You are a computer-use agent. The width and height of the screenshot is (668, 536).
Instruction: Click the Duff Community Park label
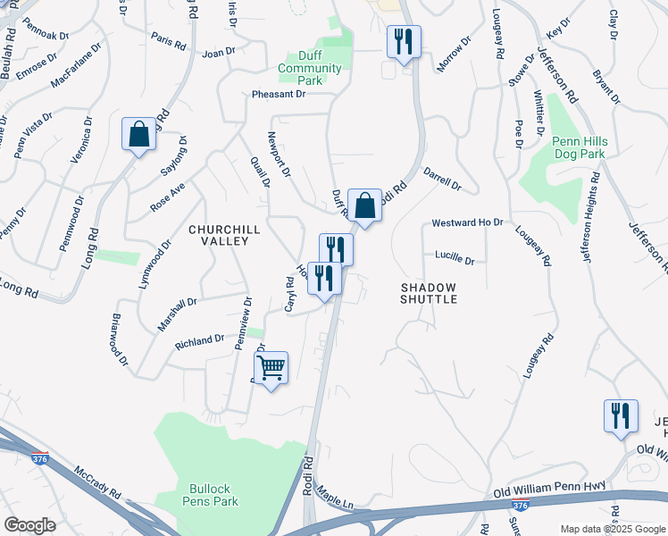310,69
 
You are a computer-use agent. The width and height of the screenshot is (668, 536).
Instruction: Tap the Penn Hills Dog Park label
578,147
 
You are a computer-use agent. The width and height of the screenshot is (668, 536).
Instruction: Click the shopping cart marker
271,368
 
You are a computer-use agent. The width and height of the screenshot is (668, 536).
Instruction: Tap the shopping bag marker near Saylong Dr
139,135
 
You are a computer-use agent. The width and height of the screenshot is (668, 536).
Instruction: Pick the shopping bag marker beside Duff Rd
364,206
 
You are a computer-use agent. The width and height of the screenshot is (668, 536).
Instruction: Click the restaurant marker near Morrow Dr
404,42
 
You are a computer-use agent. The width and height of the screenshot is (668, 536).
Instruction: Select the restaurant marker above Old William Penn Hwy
621,416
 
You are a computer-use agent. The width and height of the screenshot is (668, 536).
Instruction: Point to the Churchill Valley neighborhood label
224,236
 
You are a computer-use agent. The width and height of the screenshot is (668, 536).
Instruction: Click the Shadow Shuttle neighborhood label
429,293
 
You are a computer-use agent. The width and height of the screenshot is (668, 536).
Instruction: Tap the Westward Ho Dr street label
467,222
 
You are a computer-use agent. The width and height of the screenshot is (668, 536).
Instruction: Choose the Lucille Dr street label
455,257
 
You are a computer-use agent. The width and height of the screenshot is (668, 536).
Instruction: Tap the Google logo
29,524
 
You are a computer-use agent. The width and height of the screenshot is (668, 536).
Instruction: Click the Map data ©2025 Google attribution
612,529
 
